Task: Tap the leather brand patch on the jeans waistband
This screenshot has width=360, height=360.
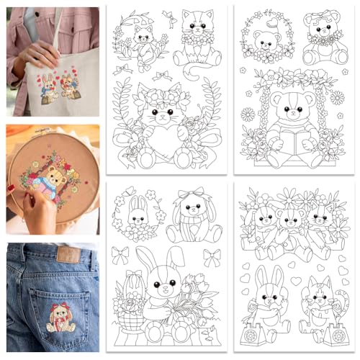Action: [x=68, y=254]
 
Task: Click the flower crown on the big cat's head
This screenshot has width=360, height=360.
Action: [x=163, y=94]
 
